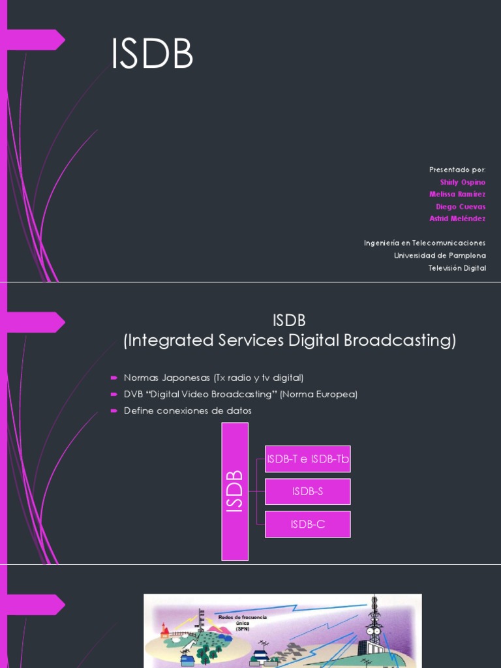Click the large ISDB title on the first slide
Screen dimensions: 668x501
pyautogui.click(x=152, y=55)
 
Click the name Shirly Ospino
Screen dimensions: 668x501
pyautogui.click(x=463, y=182)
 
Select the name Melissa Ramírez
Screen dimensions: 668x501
pyautogui.click(x=457, y=194)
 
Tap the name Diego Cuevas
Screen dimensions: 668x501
pyautogui.click(x=461, y=206)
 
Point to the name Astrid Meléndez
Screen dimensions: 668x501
pyautogui.click(x=457, y=219)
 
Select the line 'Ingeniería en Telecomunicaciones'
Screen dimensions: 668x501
pyautogui.click(x=425, y=243)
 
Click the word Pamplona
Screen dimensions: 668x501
pyautogui.click(x=466, y=255)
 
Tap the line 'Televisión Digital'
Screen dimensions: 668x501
pyautogui.click(x=457, y=268)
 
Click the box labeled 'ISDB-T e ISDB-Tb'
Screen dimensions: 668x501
pyautogui.click(x=308, y=459)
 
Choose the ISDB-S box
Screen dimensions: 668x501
pyautogui.click(x=308, y=491)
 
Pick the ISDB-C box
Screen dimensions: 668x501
pyautogui.click(x=308, y=524)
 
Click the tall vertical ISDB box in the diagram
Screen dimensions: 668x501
pyautogui.click(x=235, y=491)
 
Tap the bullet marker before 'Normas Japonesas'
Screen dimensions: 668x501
pyautogui.click(x=113, y=378)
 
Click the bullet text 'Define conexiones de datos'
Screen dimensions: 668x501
pyautogui.click(x=188, y=411)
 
